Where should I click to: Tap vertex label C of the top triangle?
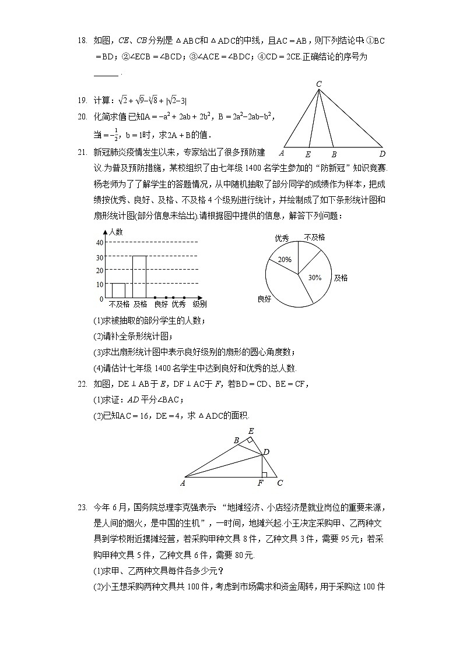(319, 84)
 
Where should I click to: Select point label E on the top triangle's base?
(308, 155)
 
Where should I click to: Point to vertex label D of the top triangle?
(382, 154)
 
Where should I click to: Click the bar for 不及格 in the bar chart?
(118, 291)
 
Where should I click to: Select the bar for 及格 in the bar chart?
(139, 277)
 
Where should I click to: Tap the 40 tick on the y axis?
(99, 243)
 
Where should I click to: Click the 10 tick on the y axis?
(99, 285)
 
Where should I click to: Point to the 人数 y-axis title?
(116, 231)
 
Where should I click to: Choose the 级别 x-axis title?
(199, 304)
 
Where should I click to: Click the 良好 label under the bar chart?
(160, 304)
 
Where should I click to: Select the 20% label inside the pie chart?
(285, 260)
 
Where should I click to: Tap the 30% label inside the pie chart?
(315, 278)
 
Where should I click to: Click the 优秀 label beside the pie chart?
(282, 238)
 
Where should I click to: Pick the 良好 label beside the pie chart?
(264, 299)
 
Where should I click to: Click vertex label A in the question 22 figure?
(183, 483)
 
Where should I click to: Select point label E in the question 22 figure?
(251, 431)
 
